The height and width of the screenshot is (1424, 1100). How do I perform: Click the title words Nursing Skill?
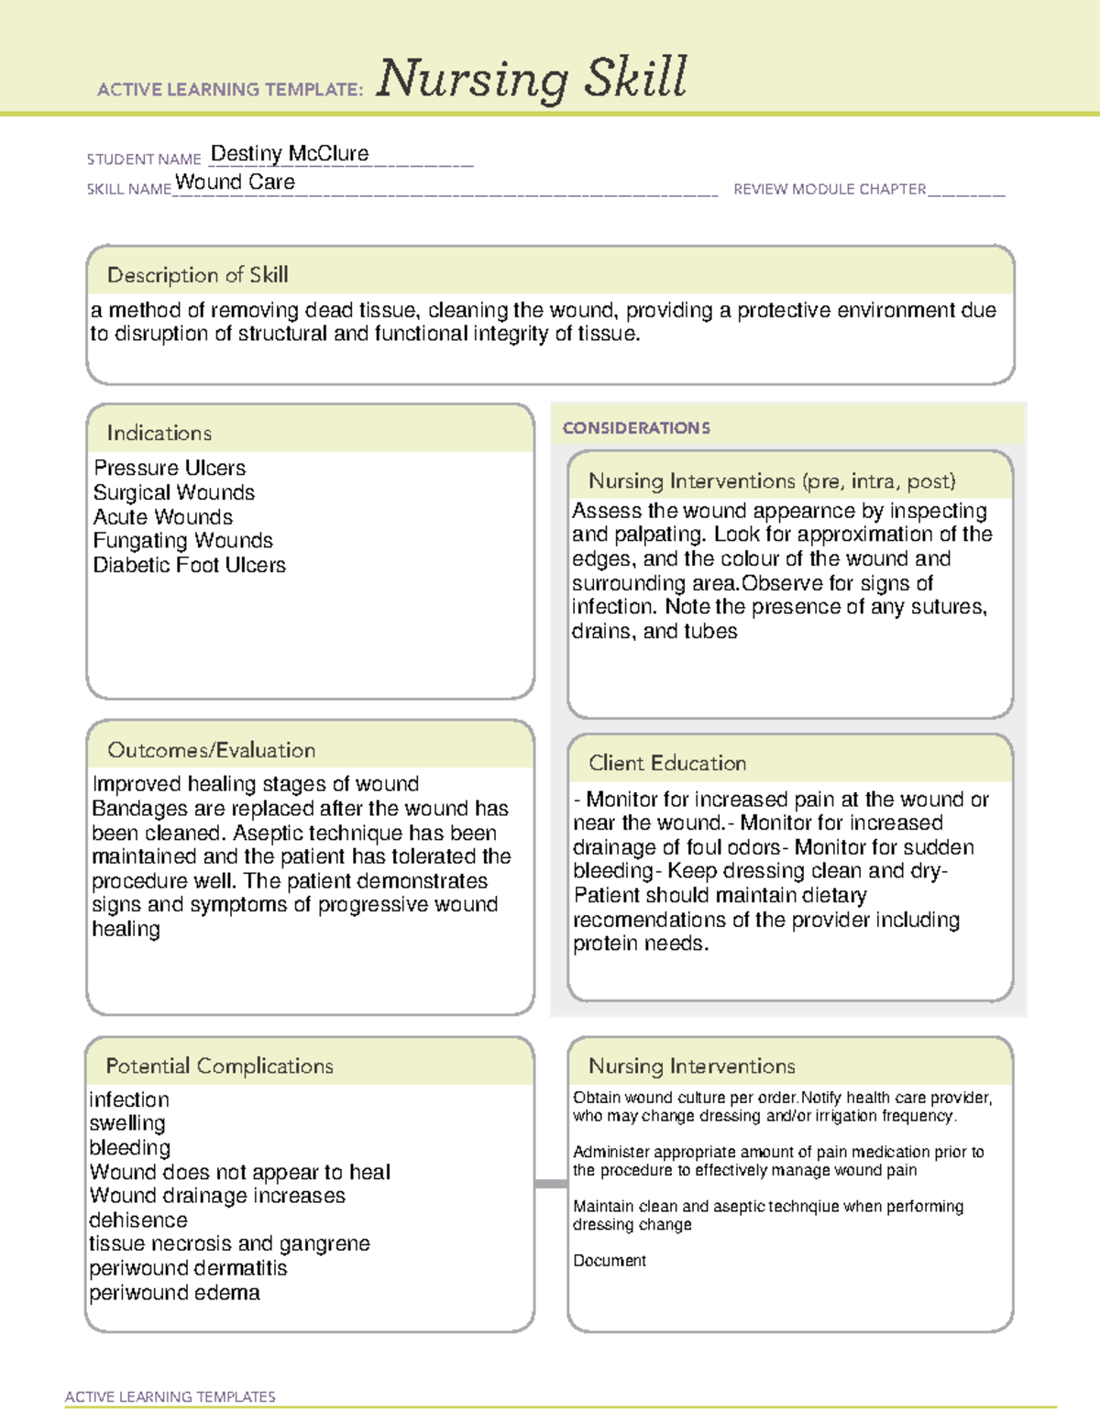(x=532, y=79)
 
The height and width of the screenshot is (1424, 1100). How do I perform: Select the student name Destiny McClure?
(x=290, y=154)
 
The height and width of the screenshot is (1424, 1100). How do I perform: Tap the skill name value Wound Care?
(x=236, y=182)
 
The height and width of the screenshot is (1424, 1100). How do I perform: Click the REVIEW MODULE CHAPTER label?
(x=830, y=189)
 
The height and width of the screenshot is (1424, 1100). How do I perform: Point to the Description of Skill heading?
(x=197, y=275)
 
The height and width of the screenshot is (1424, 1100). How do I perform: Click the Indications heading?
(x=159, y=433)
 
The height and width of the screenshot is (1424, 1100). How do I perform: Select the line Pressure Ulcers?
(x=170, y=468)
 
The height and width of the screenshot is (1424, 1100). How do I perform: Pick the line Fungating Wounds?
(x=183, y=541)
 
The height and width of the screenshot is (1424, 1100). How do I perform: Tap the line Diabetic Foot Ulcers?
(x=190, y=566)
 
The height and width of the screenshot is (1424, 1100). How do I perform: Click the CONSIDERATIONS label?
(x=636, y=428)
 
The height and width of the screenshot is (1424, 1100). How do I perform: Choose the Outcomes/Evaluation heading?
(x=211, y=750)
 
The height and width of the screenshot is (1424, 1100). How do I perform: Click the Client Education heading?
(x=667, y=763)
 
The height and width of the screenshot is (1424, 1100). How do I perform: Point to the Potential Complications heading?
(x=219, y=1066)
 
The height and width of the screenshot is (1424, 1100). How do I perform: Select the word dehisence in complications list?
(x=138, y=1220)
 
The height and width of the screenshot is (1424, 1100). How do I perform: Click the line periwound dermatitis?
(x=188, y=1268)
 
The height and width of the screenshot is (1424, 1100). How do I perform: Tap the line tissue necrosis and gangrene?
(x=229, y=1244)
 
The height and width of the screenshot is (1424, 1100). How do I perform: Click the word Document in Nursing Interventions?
(x=610, y=1261)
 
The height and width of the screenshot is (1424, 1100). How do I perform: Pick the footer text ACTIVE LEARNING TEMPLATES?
(x=170, y=1396)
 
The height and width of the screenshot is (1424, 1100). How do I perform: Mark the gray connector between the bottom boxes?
(x=551, y=1184)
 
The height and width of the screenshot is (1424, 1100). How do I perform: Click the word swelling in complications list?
(x=127, y=1123)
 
